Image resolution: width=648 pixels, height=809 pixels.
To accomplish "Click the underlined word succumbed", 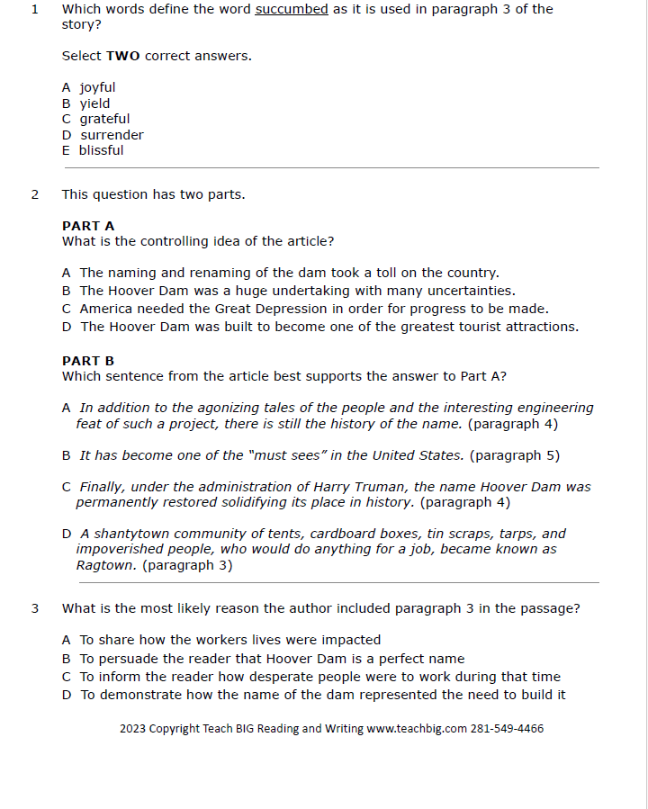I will tap(292, 9).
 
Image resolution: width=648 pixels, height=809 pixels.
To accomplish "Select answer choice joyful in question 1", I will tap(96, 87).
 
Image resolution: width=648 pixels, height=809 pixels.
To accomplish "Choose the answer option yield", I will tap(94, 103).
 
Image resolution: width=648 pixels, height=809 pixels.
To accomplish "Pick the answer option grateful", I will tap(103, 119).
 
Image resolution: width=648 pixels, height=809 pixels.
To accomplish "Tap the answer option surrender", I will tap(112, 135).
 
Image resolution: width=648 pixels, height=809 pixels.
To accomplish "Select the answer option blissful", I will tap(101, 150).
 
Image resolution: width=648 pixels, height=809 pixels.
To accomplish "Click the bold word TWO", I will tap(123, 56).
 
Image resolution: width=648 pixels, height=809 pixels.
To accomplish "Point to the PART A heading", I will tap(88, 226).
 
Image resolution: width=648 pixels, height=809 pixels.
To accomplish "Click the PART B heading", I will tap(88, 361).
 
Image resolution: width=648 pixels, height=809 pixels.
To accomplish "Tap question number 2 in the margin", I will tap(35, 194).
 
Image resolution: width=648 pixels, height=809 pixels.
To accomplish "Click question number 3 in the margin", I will tap(35, 608).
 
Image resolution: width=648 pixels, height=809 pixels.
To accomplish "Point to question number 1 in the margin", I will tap(35, 9).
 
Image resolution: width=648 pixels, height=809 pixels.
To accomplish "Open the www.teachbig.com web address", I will tap(417, 728).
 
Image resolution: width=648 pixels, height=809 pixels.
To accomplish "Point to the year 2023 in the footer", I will tap(132, 728).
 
